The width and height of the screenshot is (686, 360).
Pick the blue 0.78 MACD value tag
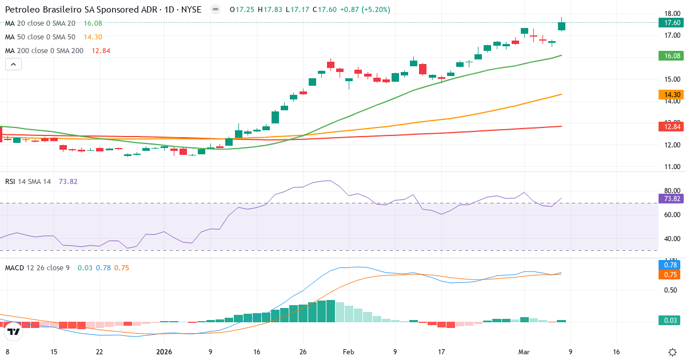tap(668, 265)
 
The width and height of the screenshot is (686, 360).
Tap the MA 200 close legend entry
tap(44, 51)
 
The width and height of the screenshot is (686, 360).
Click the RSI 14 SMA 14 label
tap(28, 181)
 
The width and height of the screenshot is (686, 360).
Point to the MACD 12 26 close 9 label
tap(37, 267)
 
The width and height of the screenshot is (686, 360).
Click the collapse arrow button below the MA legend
tap(13, 65)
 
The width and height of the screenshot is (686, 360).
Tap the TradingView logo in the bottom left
tap(13, 331)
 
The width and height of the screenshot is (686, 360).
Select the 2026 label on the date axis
tap(164, 352)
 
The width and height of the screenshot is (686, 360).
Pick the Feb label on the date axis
tap(348, 352)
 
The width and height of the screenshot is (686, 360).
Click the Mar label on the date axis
tap(524, 352)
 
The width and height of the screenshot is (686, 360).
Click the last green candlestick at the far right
tap(562, 26)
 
